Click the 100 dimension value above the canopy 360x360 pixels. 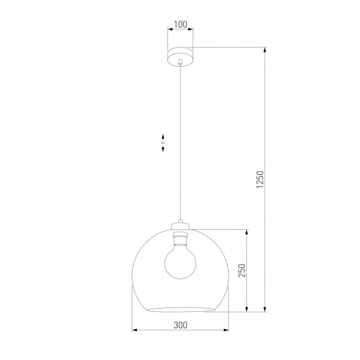[x=180, y=25]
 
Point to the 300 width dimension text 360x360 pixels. [x=180, y=325]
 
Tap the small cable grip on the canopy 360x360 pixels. [x=180, y=62]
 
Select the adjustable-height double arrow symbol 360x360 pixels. [x=163, y=142]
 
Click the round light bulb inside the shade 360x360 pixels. [x=180, y=260]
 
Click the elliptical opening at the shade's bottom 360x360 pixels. [x=180, y=305]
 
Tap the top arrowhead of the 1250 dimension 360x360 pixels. [x=265, y=50]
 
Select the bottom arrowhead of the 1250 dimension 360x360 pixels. [x=265, y=309]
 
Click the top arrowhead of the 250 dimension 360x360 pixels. [x=246, y=232]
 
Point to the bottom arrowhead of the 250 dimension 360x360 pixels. [x=246, y=309]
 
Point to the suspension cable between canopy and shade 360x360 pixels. [x=180, y=141]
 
